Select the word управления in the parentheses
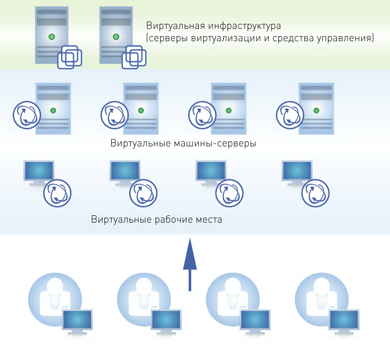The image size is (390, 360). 348,38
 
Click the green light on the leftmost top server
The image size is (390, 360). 52,37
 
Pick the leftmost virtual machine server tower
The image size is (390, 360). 54,108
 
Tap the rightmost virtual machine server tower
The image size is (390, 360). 316,108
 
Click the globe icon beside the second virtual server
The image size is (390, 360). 115,115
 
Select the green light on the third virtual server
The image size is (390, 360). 228,110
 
